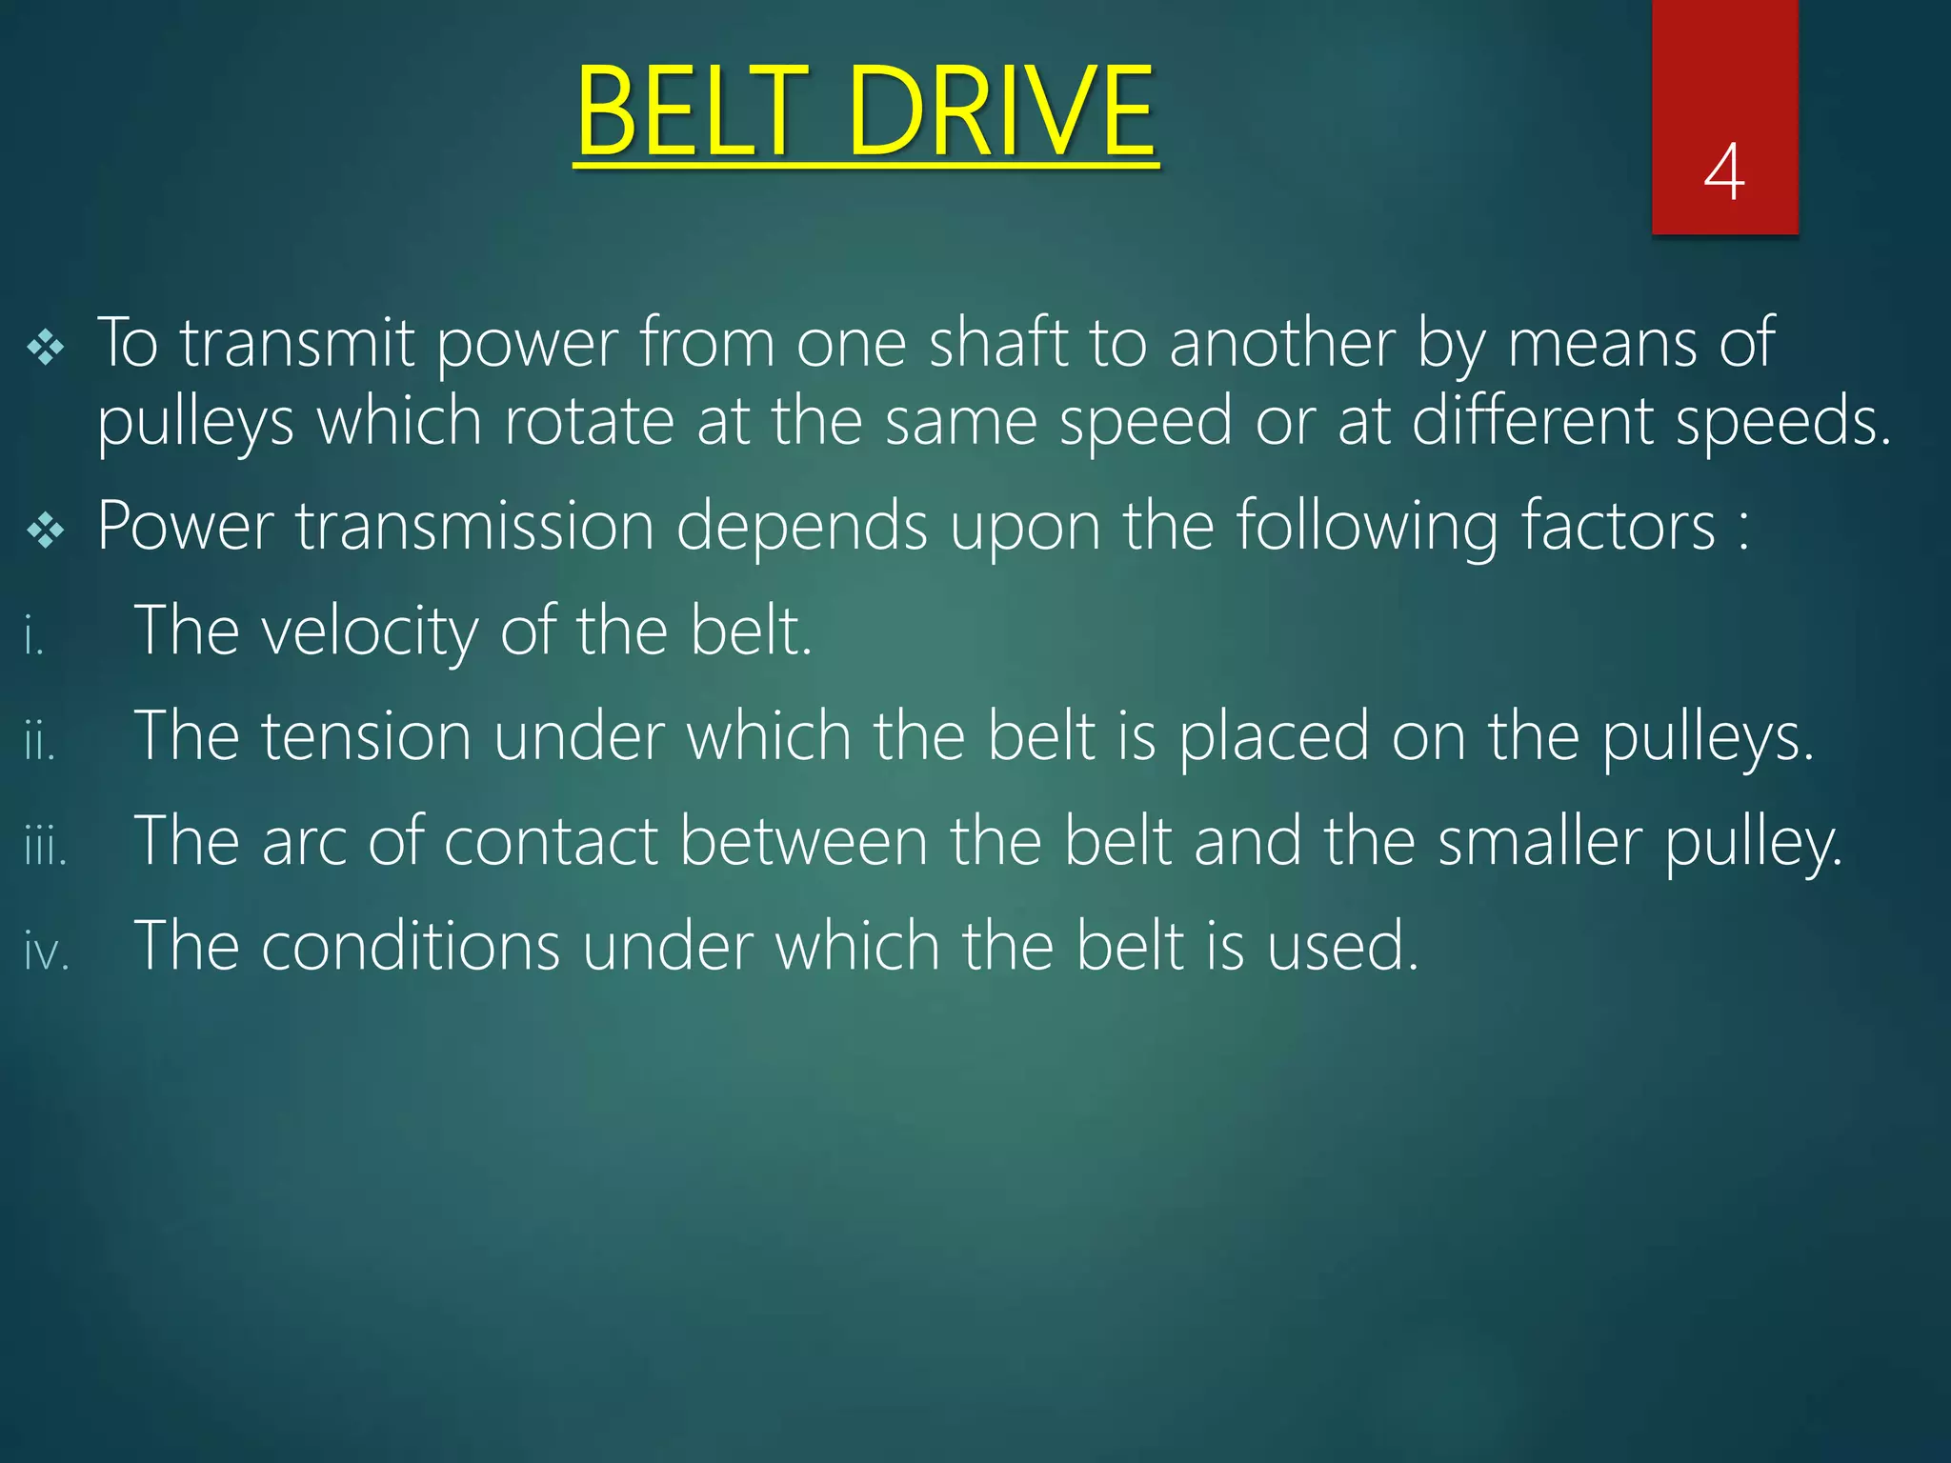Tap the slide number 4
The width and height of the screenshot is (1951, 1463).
pos(1724,172)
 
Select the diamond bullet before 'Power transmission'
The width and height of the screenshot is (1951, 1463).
pos(46,530)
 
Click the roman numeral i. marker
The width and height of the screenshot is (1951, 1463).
pos(34,636)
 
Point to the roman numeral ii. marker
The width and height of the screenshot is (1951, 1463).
pos(40,741)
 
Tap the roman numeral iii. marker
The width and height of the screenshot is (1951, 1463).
pos(46,846)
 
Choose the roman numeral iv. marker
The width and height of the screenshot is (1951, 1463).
pos(47,952)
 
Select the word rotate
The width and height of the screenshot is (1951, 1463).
pos(589,421)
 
